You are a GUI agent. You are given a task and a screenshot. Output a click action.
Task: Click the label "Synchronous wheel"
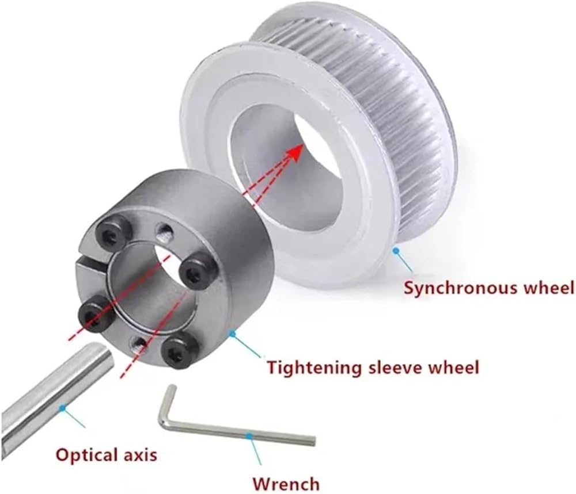pos(489,288)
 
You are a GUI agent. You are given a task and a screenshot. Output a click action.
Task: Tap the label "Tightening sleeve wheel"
pos(373,367)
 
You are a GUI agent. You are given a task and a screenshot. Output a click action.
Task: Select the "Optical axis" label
pos(107,455)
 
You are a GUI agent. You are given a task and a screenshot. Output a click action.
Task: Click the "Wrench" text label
pos(286,484)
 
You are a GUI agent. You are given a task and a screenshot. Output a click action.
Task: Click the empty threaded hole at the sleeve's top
pos(164,232)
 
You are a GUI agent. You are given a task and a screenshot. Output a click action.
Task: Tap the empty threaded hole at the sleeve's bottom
pos(139,344)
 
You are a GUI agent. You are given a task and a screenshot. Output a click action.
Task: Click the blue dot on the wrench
pos(249,436)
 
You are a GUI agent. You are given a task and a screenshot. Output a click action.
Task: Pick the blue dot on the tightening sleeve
pos(232,334)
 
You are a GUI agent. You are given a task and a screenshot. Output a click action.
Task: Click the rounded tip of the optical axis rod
pos(107,358)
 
